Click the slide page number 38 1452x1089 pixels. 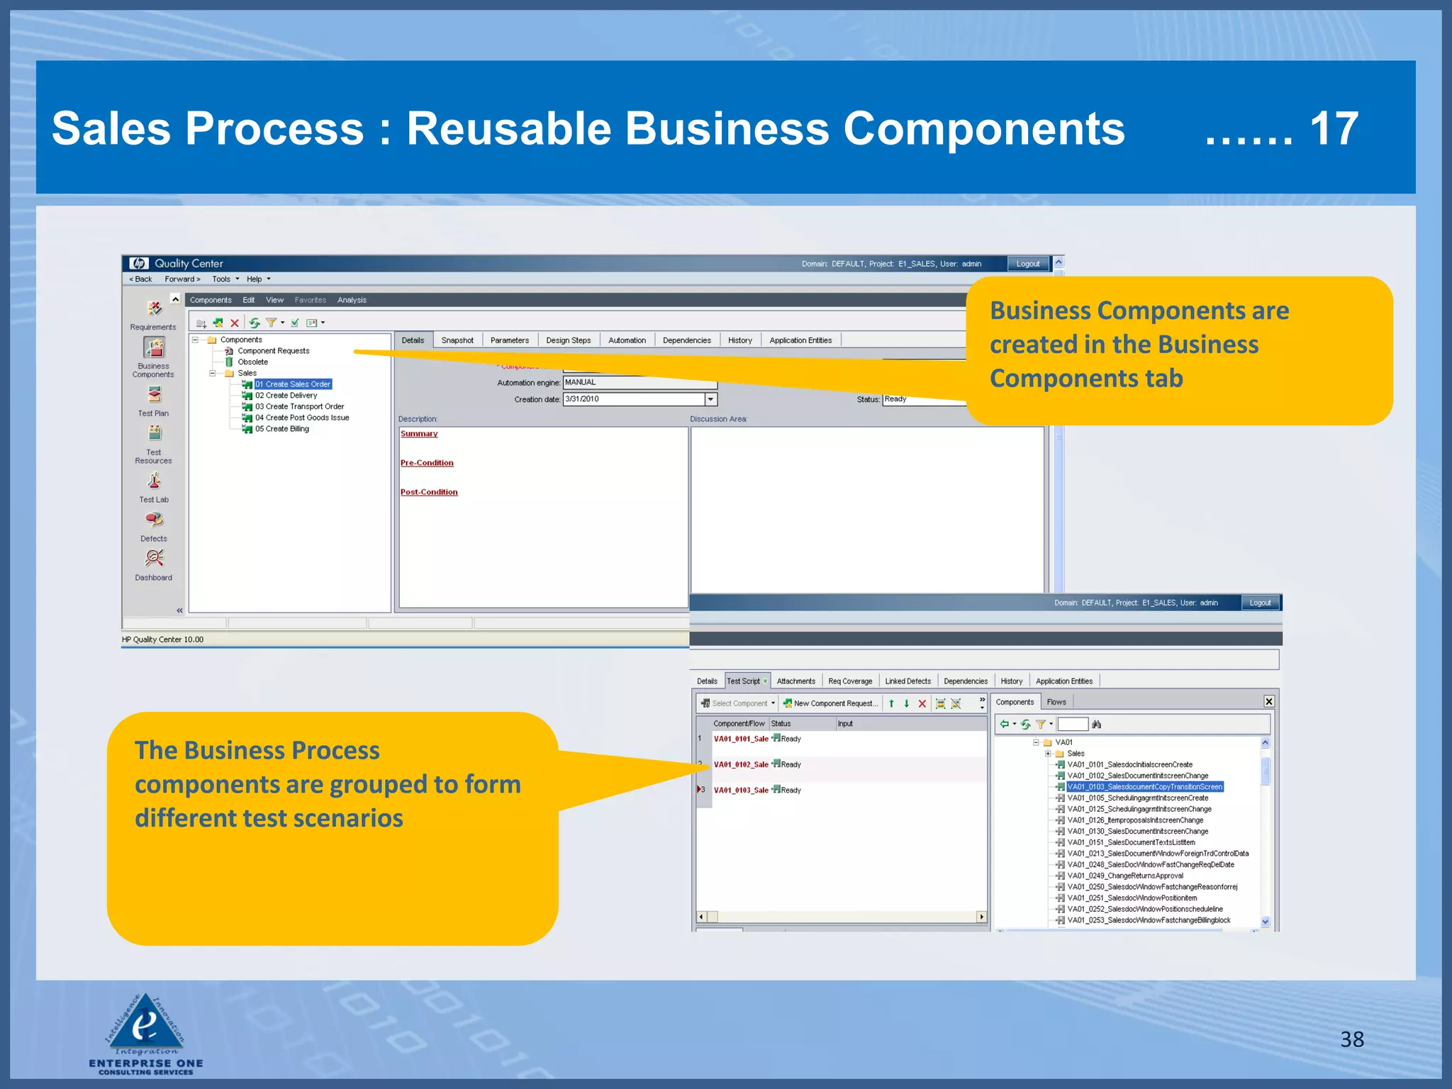click(1351, 1039)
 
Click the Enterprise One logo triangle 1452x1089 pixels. click(146, 1022)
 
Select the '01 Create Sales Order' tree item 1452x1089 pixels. click(293, 384)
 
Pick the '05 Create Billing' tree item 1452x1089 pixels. click(281, 429)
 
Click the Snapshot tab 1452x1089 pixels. click(457, 340)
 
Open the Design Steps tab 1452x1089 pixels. click(568, 340)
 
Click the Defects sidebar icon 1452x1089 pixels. click(154, 520)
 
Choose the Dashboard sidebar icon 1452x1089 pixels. click(154, 559)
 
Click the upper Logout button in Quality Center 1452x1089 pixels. click(1027, 264)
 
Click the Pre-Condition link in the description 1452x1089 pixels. click(426, 463)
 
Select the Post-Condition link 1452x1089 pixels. click(428, 492)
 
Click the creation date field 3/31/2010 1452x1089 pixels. click(633, 399)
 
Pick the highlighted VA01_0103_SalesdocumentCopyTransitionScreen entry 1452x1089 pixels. click(1144, 787)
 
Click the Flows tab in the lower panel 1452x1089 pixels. click(1056, 702)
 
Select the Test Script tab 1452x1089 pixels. click(744, 681)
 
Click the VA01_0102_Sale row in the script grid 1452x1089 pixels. click(741, 764)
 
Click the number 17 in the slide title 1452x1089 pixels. click(1334, 129)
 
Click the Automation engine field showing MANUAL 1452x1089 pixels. click(639, 382)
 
